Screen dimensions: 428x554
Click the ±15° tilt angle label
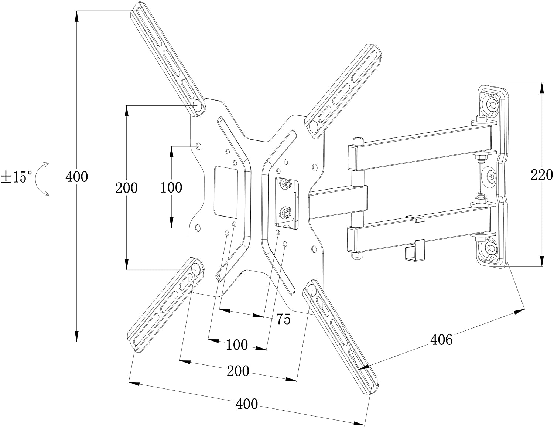17,177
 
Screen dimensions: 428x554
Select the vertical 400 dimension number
76,177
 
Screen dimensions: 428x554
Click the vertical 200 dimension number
126,188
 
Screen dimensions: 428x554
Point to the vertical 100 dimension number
171,187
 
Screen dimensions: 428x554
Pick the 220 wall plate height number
541,174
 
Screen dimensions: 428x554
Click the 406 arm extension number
441,339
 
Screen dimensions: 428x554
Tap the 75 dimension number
283,319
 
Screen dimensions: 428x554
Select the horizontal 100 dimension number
237,344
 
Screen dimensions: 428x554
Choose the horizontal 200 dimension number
238,371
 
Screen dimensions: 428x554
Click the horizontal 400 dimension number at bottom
246,404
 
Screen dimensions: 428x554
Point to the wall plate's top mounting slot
492,104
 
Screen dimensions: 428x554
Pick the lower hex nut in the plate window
285,212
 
